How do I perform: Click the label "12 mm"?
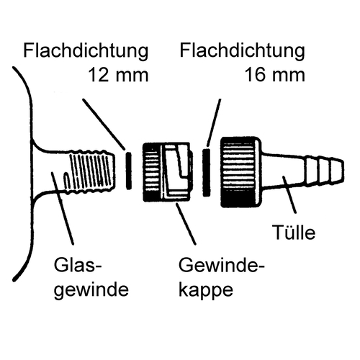pos(119,75)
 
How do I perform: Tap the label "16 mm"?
pos(275,75)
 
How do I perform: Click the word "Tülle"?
pos(294,232)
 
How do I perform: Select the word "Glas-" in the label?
pos(78,265)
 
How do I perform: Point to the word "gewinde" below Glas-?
pos(91,290)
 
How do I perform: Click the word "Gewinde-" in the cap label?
pos(222,265)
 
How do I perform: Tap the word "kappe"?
pos(206,290)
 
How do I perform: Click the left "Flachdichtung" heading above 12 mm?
pos(86,50)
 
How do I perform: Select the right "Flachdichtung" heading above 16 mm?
pos(243,50)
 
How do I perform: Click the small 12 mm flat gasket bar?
pos(129,171)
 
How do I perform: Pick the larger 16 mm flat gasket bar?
pos(207,172)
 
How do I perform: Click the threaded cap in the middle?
pos(167,172)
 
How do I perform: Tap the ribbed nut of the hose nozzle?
pos(240,172)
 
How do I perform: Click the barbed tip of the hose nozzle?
pos(325,171)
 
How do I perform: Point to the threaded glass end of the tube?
pos(91,171)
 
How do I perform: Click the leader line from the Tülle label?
pos(290,194)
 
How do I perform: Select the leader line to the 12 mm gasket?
pos(104,124)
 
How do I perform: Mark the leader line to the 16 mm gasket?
pos(214,122)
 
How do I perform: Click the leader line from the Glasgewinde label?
pos(63,208)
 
